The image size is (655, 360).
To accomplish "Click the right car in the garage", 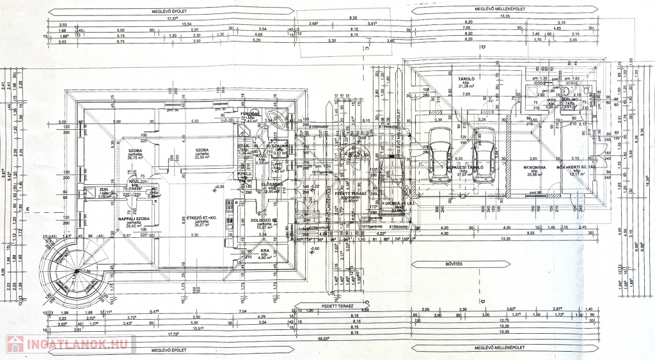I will click(484, 153).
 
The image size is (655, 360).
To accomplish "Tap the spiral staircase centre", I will click(76, 272).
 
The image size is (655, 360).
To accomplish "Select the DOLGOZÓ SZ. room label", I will click(264, 220).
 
